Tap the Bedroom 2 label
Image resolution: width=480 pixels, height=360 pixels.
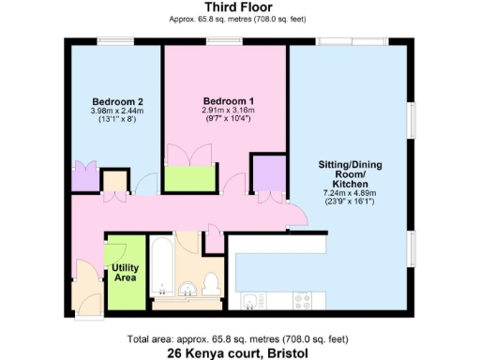[116, 102]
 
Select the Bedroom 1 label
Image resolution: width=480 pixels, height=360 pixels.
[229, 101]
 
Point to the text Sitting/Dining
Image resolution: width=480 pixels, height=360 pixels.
[350, 165]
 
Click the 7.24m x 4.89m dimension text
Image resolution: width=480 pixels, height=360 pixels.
[349, 194]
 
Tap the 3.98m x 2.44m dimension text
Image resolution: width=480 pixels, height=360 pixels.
[116, 112]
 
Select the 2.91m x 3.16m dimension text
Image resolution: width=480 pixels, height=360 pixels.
[229, 111]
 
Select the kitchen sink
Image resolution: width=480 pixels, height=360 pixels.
[250, 301]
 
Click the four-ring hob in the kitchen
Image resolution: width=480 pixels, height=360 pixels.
[303, 301]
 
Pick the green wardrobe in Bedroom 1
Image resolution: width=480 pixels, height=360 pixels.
[190, 177]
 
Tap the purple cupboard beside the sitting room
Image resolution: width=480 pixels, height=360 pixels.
[267, 174]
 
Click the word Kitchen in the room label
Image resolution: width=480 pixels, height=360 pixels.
[349, 185]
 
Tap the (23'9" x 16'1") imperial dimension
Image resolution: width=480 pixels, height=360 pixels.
[349, 202]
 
